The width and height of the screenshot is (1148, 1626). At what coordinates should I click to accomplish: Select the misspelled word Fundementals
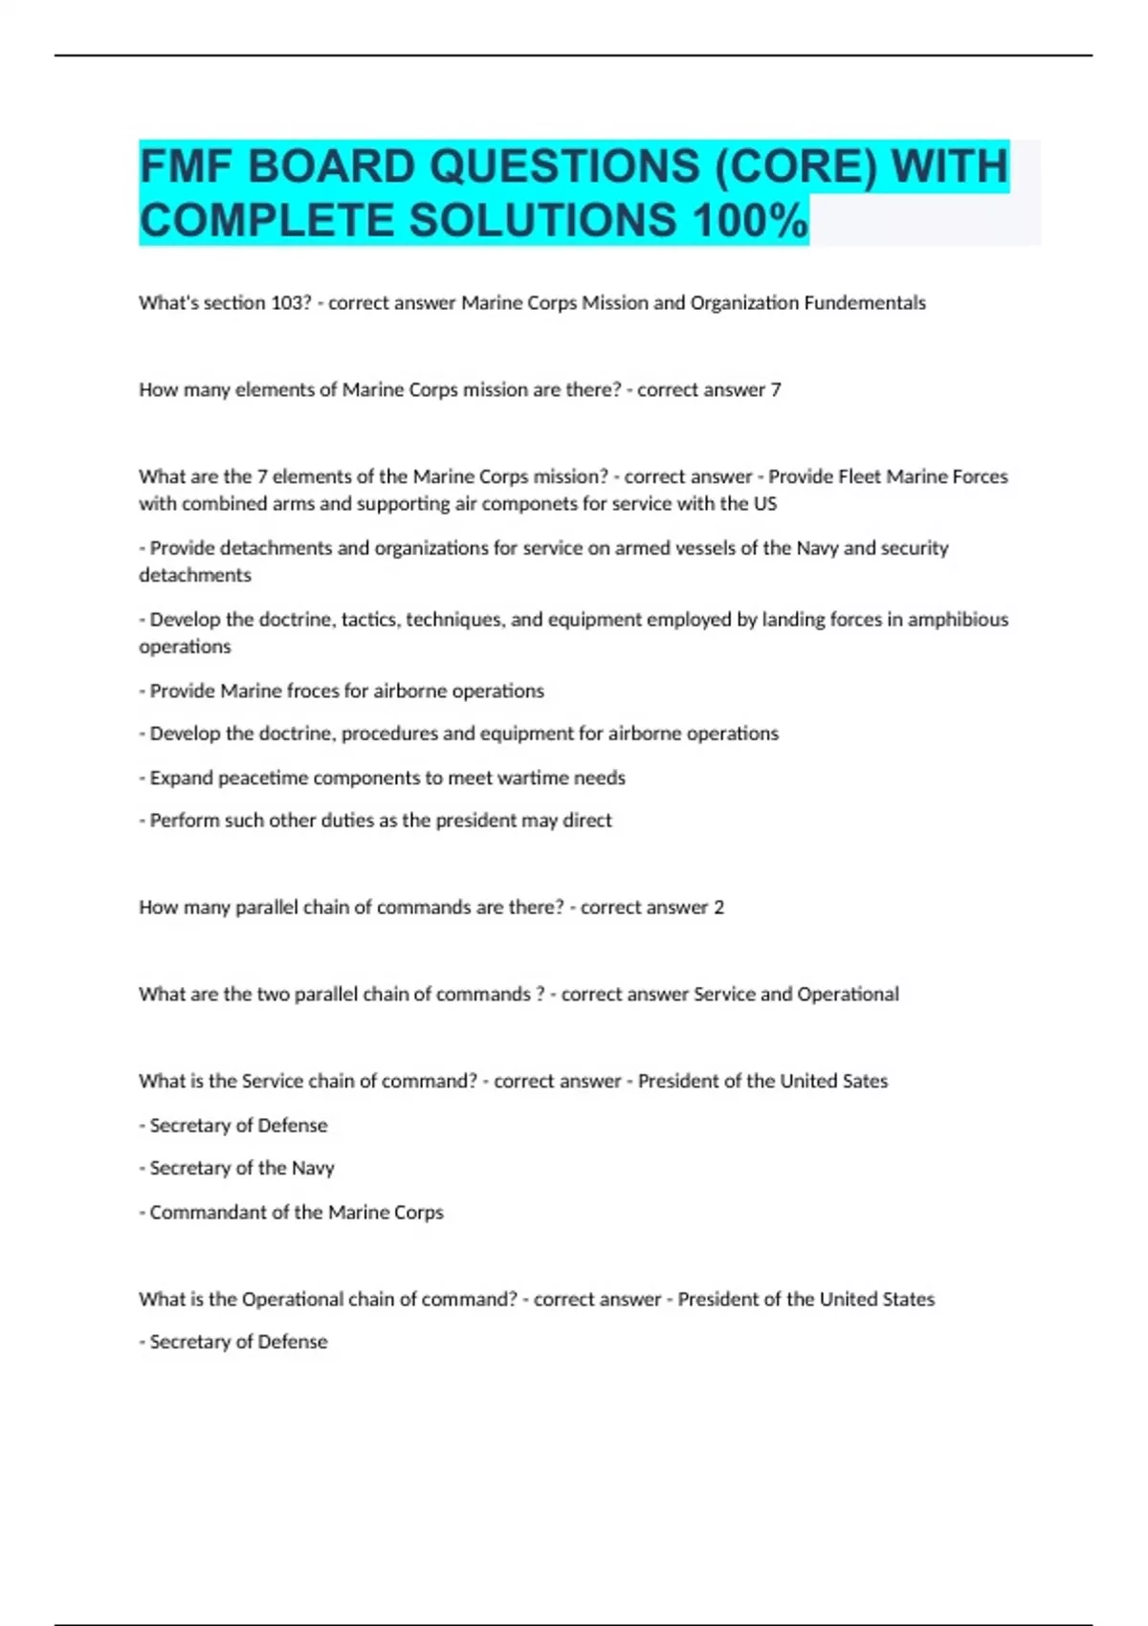coord(865,303)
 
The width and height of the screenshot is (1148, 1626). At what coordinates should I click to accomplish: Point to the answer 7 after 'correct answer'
coord(776,390)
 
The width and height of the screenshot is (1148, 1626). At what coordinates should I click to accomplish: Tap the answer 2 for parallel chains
coord(719,908)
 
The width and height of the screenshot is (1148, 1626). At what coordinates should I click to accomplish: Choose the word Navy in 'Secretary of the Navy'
coord(313,1168)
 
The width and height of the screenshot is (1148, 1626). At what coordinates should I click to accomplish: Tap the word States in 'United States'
coord(903,1300)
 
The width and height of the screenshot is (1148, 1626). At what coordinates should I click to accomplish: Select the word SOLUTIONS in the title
coord(542,221)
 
